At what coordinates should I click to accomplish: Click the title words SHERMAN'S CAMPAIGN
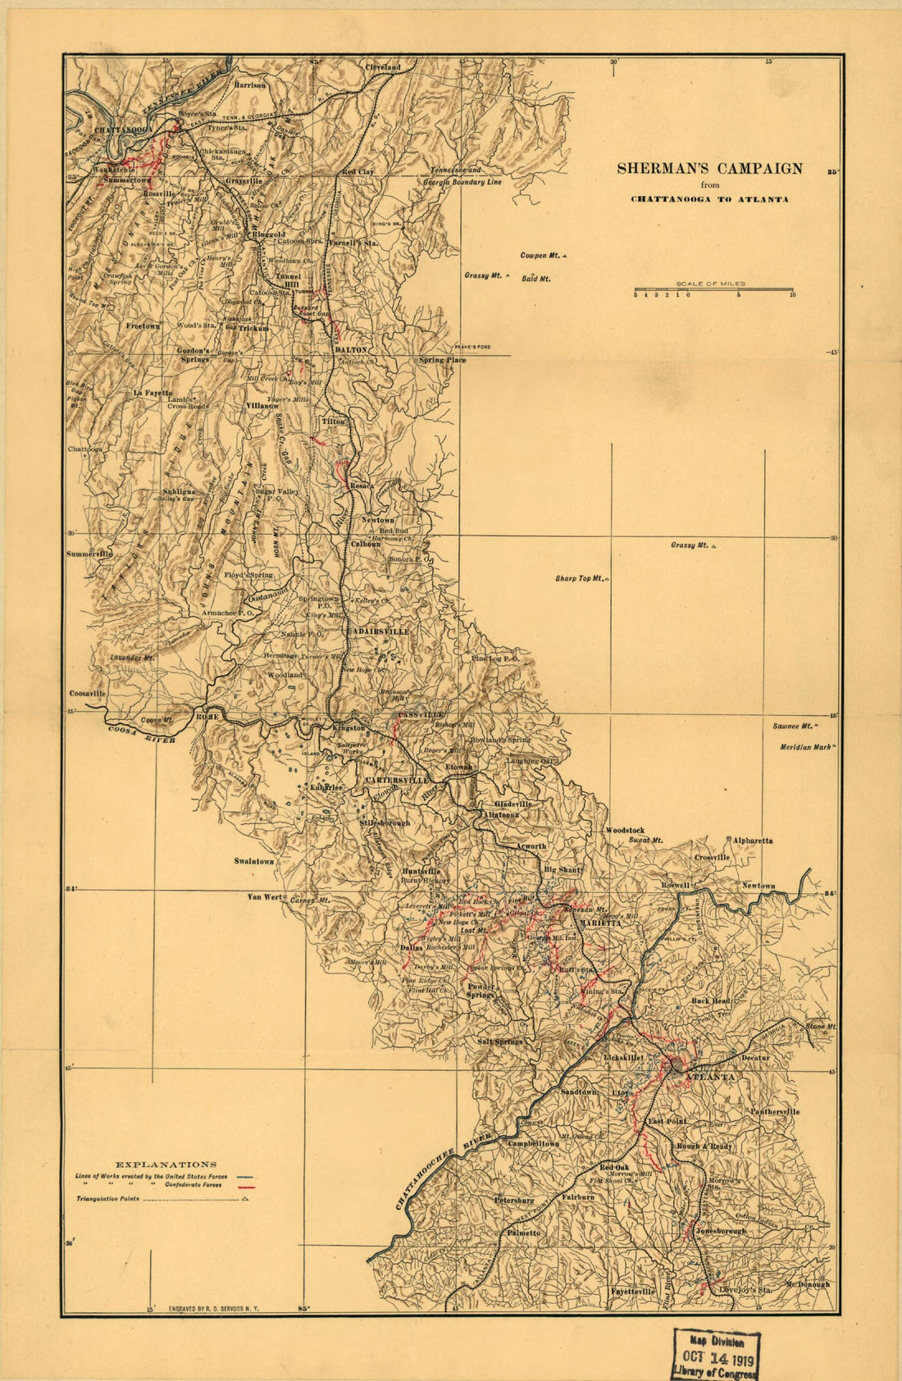(x=709, y=169)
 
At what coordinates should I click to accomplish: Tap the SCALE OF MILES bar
(x=713, y=290)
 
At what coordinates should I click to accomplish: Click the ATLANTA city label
(x=709, y=1077)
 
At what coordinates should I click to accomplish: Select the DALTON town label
(x=351, y=350)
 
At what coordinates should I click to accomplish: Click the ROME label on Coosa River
(x=206, y=717)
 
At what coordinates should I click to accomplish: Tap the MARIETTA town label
(x=600, y=923)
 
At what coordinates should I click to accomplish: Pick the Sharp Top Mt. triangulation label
(x=580, y=579)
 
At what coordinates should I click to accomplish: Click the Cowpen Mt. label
(x=540, y=256)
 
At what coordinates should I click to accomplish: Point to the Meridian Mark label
(x=805, y=747)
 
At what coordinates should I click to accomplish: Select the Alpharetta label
(x=752, y=841)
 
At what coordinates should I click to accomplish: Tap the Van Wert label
(x=264, y=897)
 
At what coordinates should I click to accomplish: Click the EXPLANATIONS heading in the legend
(x=166, y=1164)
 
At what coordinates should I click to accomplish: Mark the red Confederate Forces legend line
(x=246, y=1187)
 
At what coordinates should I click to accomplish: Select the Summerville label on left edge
(x=89, y=554)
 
